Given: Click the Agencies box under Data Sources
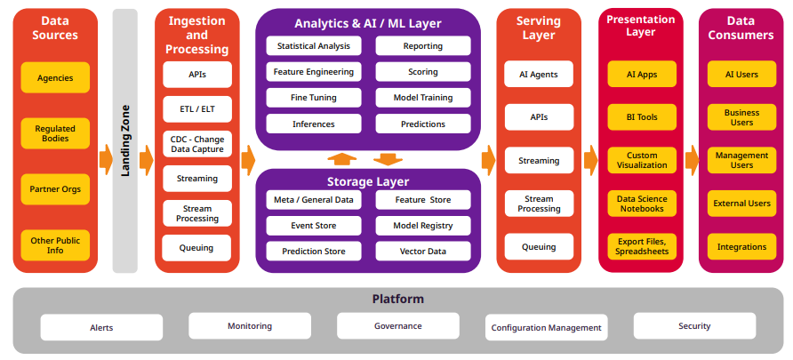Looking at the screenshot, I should tap(55, 78).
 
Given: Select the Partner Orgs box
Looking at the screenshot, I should tap(55, 188).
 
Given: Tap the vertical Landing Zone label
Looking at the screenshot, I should tap(125, 140).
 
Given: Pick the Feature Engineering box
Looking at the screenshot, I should tap(314, 72).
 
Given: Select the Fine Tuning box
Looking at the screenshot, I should tap(314, 98).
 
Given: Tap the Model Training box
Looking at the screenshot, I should tap(423, 98).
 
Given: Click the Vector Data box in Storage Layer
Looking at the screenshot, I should tap(423, 252).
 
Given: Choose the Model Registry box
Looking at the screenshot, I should tap(423, 226).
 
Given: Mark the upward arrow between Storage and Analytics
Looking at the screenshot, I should tap(341, 159).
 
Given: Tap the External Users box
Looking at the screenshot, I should tap(741, 204).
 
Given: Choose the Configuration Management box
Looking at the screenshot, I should tap(546, 328).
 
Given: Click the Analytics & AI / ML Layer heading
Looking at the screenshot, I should tap(368, 23).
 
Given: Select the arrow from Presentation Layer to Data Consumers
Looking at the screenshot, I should tap(691, 161).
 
